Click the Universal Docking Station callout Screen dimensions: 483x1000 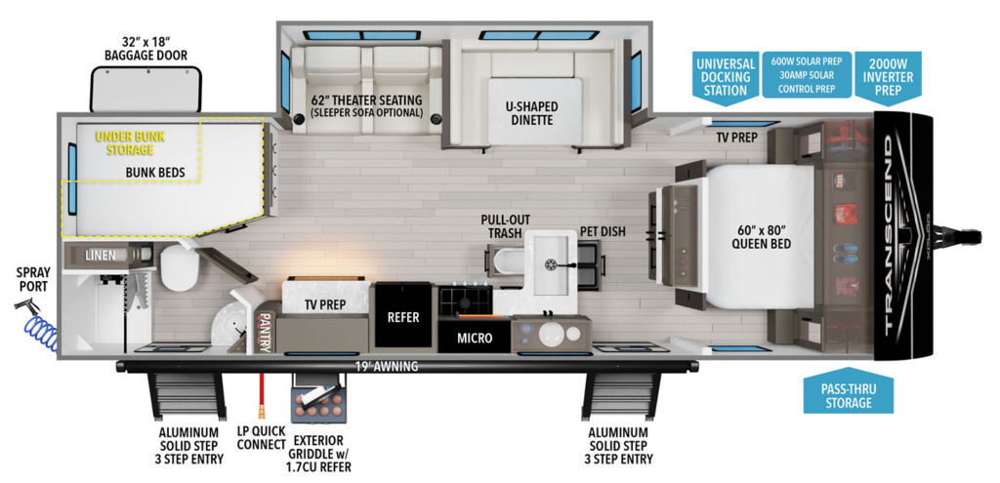click(724, 77)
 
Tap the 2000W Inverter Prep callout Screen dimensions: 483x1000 click(888, 77)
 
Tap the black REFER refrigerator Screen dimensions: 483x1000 click(403, 316)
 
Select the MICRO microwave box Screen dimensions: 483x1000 click(475, 338)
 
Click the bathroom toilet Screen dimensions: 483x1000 click(180, 267)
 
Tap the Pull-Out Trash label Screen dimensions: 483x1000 click(505, 226)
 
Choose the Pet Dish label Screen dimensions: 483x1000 click(602, 231)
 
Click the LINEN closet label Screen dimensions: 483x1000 click(101, 255)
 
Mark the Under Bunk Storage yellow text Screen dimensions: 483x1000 click(124, 143)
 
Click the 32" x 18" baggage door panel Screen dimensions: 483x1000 click(146, 89)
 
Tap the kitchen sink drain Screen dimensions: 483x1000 click(552, 263)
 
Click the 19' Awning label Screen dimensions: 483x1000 click(388, 367)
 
